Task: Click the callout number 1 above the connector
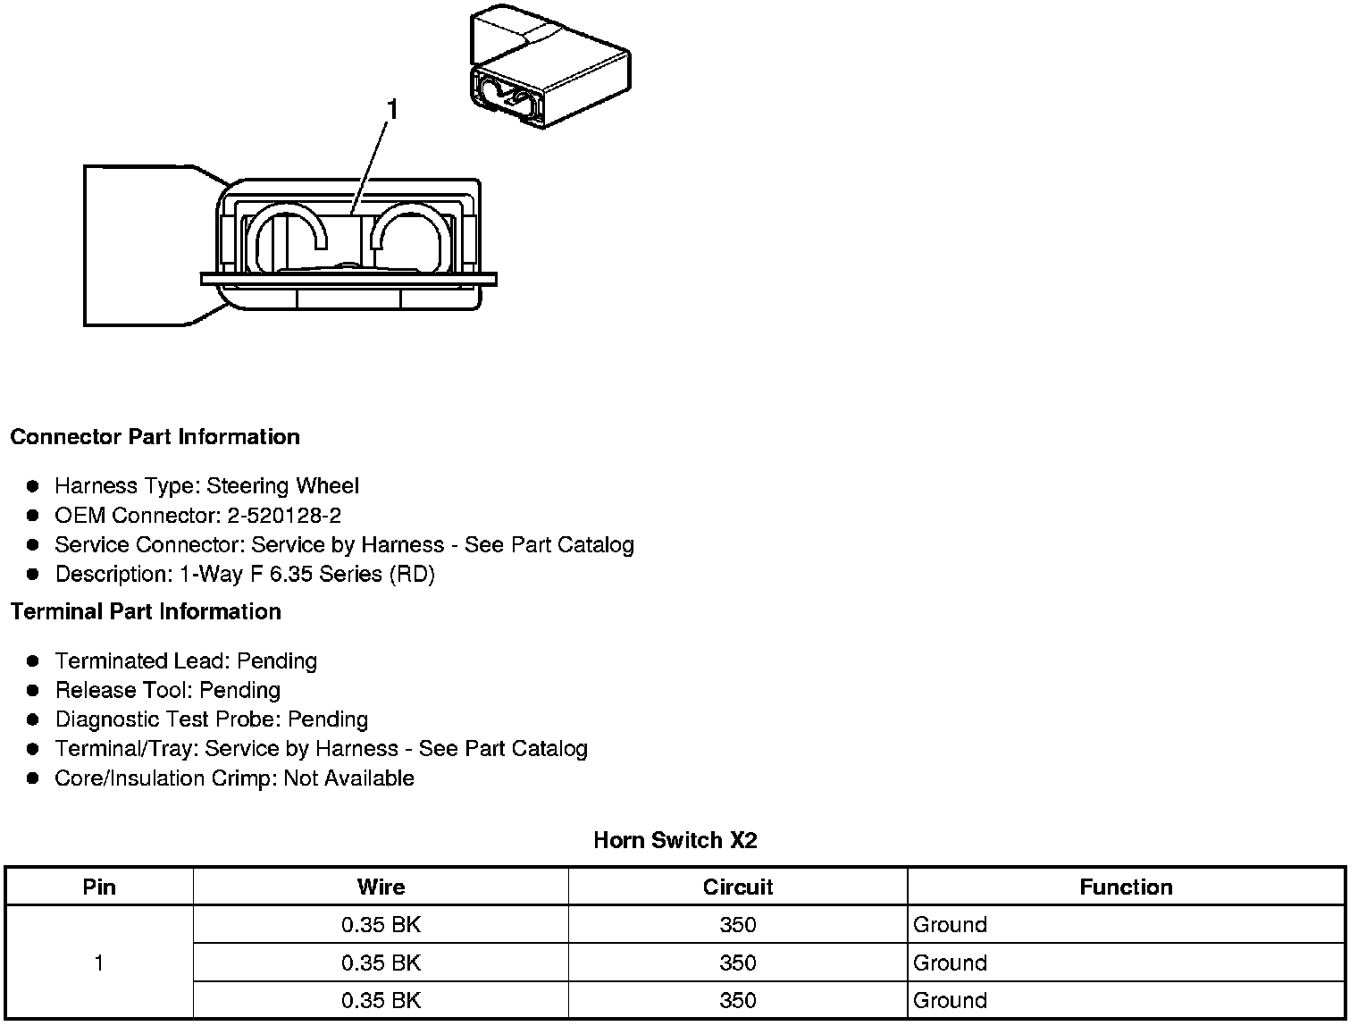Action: point(391,110)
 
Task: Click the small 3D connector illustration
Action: point(549,69)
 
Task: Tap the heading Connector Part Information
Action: point(155,437)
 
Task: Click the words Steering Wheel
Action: point(282,486)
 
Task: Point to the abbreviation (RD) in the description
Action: point(412,574)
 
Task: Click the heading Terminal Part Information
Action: point(146,612)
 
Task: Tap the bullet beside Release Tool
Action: point(33,690)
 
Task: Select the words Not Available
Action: point(348,778)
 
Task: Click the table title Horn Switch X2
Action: point(675,840)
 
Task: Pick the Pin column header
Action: point(99,887)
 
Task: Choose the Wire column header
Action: point(381,887)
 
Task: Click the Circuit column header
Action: point(737,887)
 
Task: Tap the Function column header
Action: point(1126,887)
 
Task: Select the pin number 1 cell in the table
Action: point(99,963)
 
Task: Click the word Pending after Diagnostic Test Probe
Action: point(328,719)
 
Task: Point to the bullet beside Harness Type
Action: point(33,486)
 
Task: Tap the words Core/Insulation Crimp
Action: point(165,778)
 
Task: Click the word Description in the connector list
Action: point(111,574)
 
